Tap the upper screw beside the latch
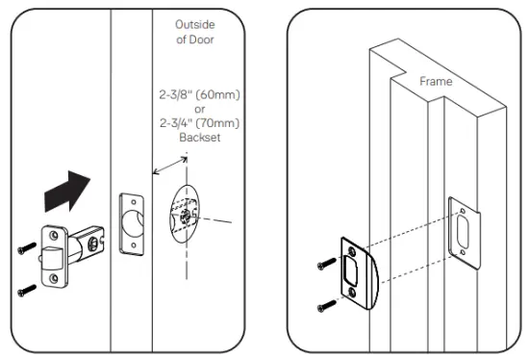(x=25, y=247)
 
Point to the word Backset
(x=199, y=139)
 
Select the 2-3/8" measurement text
(x=179, y=95)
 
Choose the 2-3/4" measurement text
(x=179, y=124)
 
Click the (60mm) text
(x=220, y=95)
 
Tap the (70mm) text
(x=220, y=124)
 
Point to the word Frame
(x=436, y=83)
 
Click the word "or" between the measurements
(x=199, y=110)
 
